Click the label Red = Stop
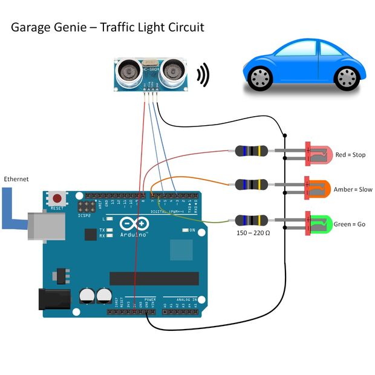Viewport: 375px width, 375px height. point(350,155)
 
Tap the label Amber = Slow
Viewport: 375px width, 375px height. point(353,189)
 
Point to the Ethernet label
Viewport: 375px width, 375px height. point(16,180)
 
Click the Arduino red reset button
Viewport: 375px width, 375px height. point(57,198)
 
